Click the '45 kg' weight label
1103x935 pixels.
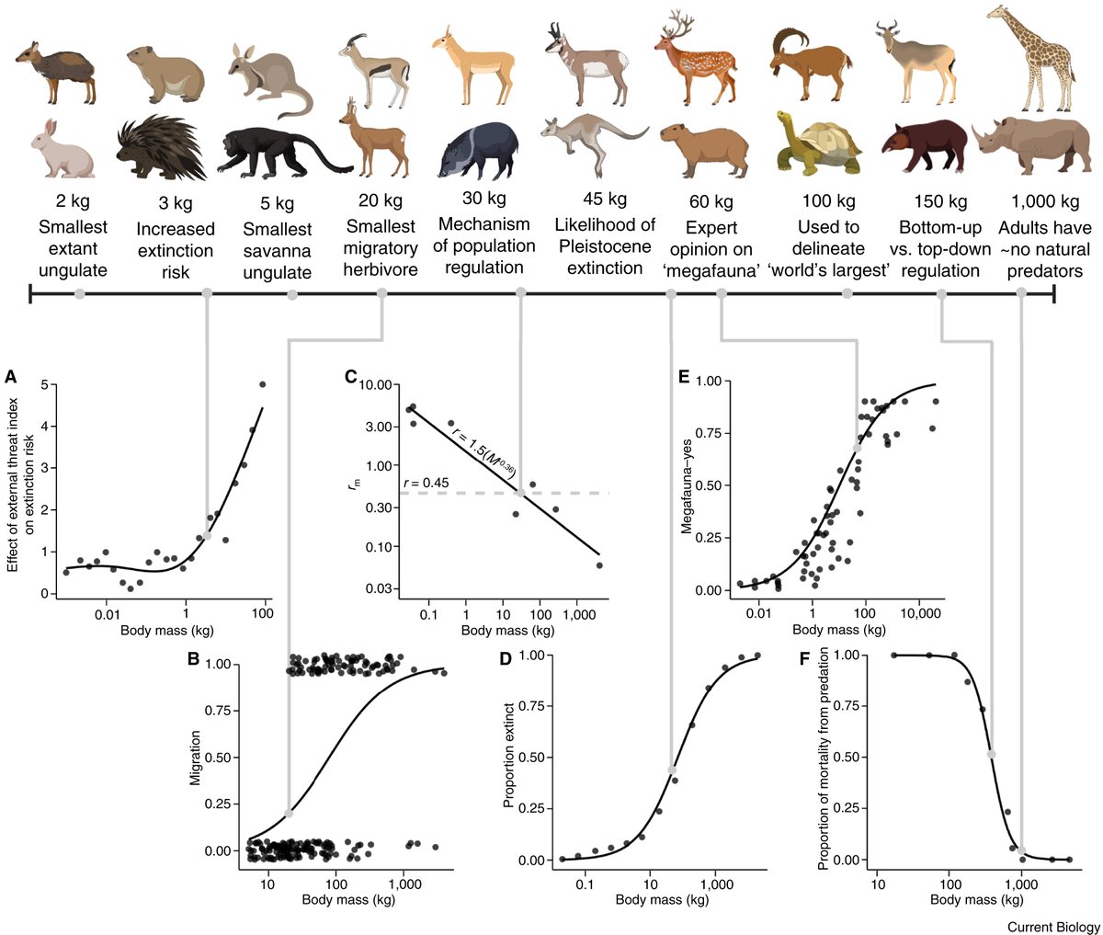point(604,200)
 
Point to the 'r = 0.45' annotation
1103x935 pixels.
point(425,482)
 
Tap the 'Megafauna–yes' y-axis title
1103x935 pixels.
point(686,485)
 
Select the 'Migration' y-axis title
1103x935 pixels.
point(195,758)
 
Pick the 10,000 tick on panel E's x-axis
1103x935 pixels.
point(918,610)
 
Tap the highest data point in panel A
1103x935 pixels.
point(263,384)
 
